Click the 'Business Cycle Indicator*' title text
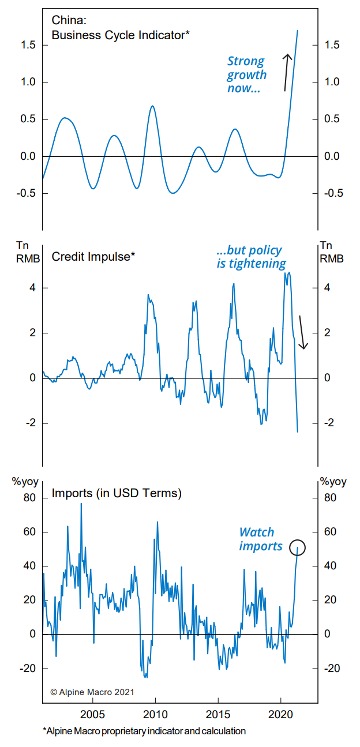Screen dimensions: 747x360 pos(121,35)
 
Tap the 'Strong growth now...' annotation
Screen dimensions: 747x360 pos(246,75)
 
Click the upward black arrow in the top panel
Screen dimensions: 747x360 pos(286,72)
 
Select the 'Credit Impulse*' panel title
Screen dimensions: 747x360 pos(93,257)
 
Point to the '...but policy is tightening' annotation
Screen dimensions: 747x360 pos(251,257)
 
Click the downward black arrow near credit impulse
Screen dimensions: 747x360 pos(303,333)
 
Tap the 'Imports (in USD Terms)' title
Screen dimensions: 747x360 pos(117,493)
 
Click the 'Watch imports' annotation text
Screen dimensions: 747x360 pos(261,539)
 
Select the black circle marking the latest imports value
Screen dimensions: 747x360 pos(297,547)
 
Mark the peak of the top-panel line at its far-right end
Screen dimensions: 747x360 pos(298,31)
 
